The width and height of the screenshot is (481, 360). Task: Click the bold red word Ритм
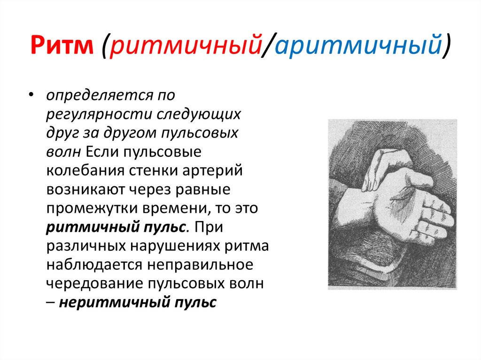pos(62,46)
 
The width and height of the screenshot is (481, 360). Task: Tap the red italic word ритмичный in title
pos(185,46)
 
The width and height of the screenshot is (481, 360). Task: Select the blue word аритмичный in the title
pos(357,46)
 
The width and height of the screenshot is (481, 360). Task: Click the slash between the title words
pos(268,46)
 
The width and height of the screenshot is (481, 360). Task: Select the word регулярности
pos(99,115)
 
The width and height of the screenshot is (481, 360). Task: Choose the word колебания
pos(84,170)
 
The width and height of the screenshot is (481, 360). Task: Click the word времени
pos(176,208)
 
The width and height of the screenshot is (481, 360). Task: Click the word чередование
pos(95,284)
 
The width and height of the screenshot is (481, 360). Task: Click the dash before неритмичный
pos(51,303)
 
